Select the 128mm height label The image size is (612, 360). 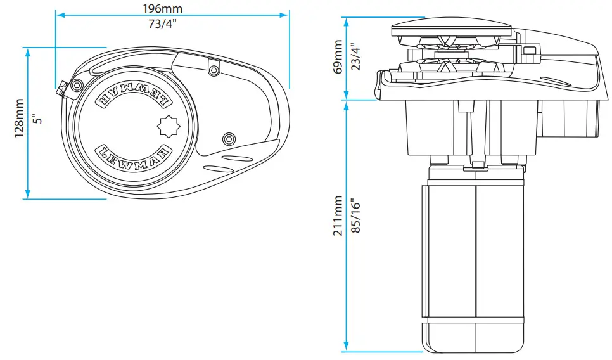point(20,118)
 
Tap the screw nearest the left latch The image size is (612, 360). point(77,85)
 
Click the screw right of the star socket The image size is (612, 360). point(229,138)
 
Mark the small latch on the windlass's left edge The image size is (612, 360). point(61,90)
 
